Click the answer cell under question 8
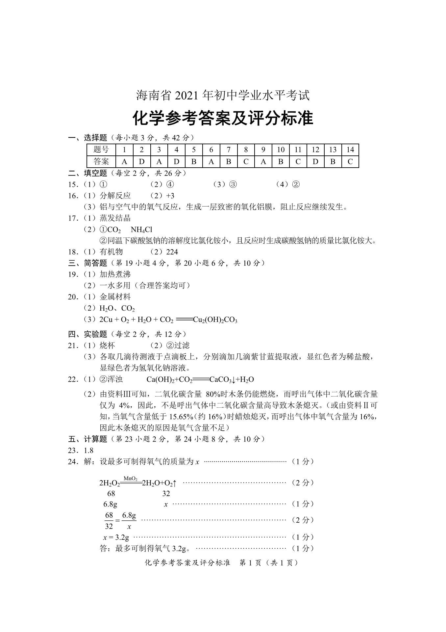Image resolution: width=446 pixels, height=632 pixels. pos(246,162)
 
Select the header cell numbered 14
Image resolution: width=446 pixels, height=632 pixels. pos(350,150)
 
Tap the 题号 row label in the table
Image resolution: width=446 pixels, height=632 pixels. pos(101,150)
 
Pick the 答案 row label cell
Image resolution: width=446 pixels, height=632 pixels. pos(101,162)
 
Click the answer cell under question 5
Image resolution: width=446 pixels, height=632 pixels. pos(194,162)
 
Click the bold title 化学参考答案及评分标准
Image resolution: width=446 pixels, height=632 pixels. pos(223,119)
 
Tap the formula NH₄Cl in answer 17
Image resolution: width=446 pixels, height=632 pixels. pos(141,230)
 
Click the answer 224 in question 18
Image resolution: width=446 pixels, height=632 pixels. pos(172,252)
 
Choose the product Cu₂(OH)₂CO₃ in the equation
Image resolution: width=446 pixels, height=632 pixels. pos(215,320)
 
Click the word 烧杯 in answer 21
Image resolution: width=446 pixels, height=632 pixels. pos(107,345)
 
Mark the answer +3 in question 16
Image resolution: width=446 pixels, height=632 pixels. pos(170,196)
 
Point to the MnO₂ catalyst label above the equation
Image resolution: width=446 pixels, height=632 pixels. pos(131,479)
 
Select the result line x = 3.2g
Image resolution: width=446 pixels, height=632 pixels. pos(116,537)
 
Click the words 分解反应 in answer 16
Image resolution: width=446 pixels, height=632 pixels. pos(115,196)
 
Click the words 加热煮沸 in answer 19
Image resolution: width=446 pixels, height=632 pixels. pos(115,274)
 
